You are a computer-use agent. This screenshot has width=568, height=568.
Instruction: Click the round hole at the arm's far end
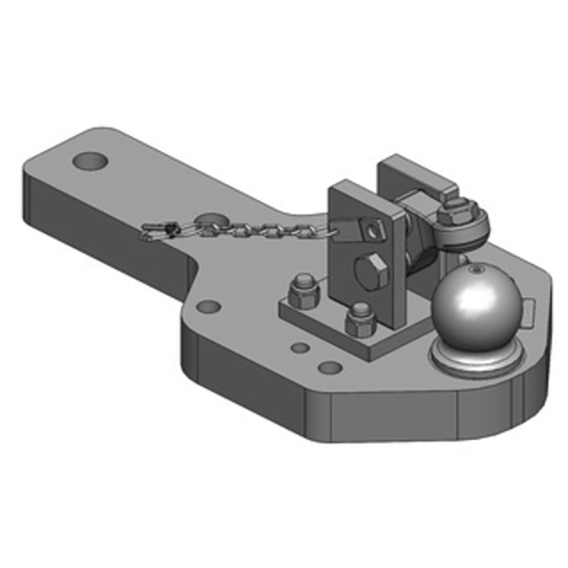92,161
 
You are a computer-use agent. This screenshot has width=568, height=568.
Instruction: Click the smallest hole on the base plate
301,348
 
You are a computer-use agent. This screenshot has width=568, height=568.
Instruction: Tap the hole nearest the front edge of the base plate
329,368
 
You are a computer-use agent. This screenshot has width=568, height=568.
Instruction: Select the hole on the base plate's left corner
208,307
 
